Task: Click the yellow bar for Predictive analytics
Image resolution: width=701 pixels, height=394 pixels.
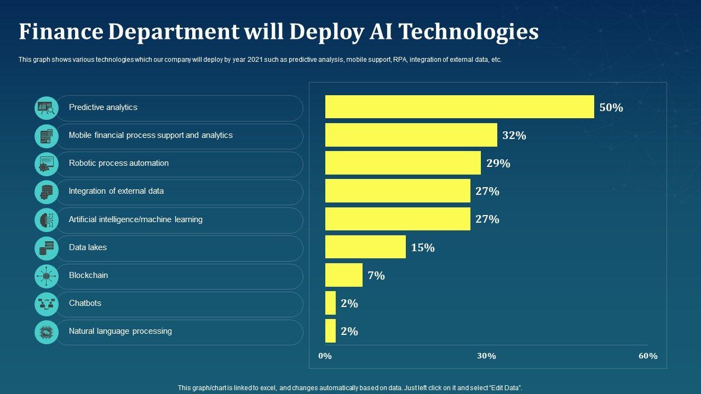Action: [459, 107]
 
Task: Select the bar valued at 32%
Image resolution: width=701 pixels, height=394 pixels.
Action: [411, 135]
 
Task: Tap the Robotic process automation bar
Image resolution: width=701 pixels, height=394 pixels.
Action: [403, 163]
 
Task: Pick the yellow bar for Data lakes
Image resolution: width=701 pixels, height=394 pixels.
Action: [365, 247]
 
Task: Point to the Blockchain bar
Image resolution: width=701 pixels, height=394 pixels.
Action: [343, 275]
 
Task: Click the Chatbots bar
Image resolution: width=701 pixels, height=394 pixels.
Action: [330, 303]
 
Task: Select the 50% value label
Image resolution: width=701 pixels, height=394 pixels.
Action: [611, 108]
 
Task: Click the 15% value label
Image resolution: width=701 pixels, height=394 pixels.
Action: [423, 248]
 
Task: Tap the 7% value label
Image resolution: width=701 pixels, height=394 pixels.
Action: [376, 276]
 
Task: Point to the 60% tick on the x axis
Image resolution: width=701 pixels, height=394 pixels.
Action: [648, 356]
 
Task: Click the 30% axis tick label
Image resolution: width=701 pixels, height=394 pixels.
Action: [486, 356]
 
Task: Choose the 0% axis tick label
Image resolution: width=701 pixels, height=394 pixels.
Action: [325, 356]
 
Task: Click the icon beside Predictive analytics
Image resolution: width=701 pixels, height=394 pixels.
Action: [46, 108]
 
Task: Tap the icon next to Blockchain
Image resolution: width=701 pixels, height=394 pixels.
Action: [46, 276]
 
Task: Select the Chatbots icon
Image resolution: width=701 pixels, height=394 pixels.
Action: [46, 304]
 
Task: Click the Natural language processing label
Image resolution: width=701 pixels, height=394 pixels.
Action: [120, 331]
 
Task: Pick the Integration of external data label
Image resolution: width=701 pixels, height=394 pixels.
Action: [116, 191]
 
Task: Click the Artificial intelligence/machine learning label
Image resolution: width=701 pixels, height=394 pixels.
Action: [135, 219]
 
